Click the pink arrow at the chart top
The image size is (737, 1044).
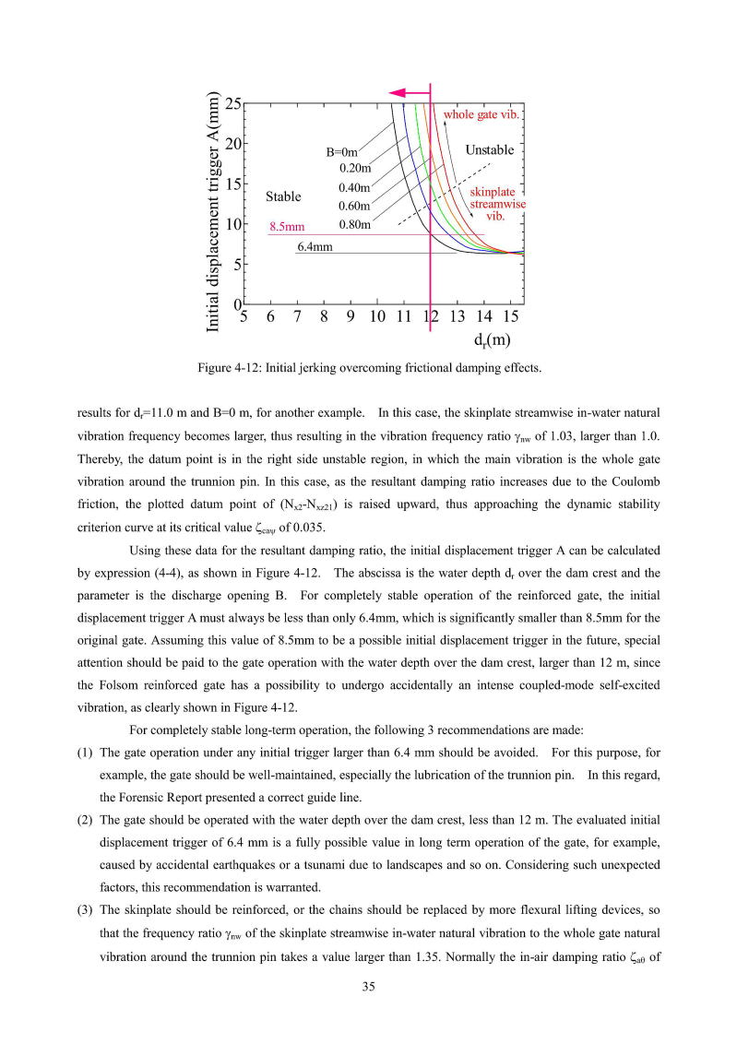[409, 93]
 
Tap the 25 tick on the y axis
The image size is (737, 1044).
[233, 104]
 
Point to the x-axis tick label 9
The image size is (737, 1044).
[351, 317]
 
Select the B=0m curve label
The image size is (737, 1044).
[342, 152]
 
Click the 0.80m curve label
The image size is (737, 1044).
[354, 224]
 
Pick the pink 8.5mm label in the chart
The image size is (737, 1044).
[287, 225]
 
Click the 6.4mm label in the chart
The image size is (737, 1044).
[315, 247]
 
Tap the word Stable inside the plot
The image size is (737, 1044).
[283, 196]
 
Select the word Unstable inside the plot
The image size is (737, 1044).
[490, 149]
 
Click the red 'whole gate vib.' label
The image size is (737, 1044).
[483, 115]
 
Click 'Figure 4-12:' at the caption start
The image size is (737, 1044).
[229, 368]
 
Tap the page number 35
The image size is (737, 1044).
[368, 987]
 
